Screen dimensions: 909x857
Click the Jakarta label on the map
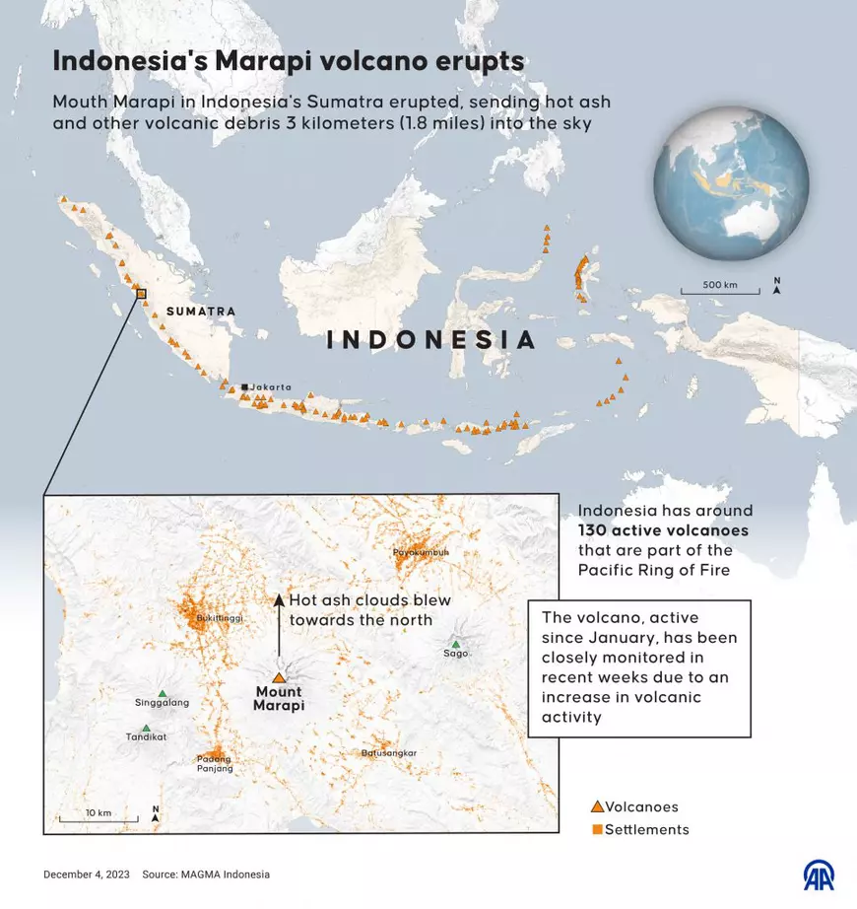coord(271,387)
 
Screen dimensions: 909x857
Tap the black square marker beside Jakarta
coord(244,386)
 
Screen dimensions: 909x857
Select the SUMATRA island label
coord(201,312)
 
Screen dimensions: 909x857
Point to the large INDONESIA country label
coord(431,340)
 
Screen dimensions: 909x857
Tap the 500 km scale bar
coord(719,292)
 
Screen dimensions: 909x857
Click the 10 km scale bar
coord(98,819)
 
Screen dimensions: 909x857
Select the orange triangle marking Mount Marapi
coord(279,678)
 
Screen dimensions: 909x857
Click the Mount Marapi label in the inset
coord(279,699)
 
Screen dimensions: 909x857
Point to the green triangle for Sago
coord(455,644)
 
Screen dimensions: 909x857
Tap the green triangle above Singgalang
coord(163,693)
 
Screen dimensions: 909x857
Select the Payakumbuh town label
coord(421,552)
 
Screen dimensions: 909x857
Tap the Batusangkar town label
coord(389,753)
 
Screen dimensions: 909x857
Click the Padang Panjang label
coord(214,763)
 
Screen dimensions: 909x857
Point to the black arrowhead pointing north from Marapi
coord(279,599)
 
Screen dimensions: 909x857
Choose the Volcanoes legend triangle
coord(596,806)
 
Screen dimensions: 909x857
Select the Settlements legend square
coord(596,829)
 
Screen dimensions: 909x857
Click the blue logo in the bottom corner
coord(820,874)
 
